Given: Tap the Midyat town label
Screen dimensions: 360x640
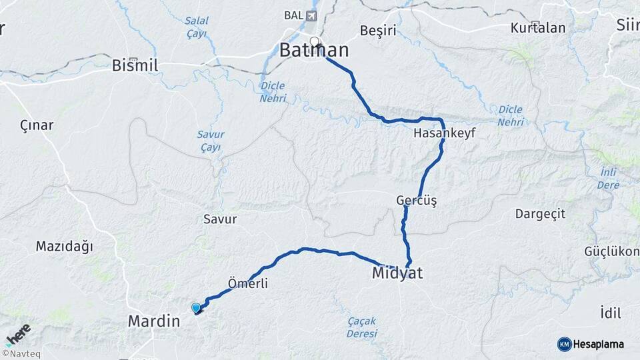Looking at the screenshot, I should [398, 273].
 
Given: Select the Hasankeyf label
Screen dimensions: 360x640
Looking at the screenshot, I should [444, 133].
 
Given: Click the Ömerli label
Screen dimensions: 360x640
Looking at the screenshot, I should [248, 284].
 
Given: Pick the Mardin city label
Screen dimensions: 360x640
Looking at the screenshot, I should [154, 321].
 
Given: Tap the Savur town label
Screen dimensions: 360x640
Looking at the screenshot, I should [220, 219].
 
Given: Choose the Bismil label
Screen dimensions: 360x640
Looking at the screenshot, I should [135, 65].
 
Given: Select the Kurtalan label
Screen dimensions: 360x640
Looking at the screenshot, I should [538, 28].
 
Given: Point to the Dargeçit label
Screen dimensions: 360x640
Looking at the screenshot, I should [540, 214].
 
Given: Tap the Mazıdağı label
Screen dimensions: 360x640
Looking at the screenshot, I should [64, 247].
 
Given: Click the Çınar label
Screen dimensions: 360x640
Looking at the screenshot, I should [37, 125].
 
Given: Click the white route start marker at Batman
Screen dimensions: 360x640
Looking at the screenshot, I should [315, 41].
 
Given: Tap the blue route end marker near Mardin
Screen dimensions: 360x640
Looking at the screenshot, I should [196, 308].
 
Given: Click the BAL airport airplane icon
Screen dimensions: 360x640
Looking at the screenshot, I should [311, 15].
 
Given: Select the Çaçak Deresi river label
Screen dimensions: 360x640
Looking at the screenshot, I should [361, 327].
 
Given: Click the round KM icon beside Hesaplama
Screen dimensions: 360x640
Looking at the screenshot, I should [565, 344].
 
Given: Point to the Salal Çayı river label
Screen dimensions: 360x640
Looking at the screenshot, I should [197, 27].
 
